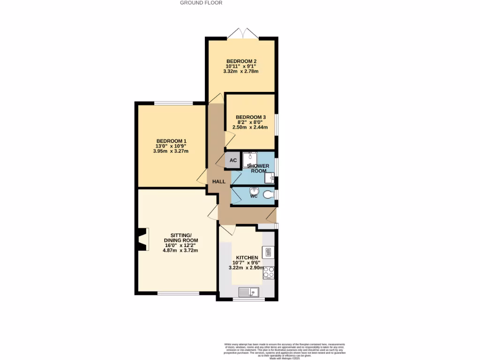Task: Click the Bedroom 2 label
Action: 241,61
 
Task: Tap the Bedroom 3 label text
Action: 251,117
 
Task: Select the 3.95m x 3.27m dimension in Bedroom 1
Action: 171,151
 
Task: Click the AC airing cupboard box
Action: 233,160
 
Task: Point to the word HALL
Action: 219,181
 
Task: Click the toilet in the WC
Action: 269,195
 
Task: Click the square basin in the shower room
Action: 269,178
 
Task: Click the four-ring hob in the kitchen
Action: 269,272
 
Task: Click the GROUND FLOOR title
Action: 201,3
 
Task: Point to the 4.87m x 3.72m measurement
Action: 180,250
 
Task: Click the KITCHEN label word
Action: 247,258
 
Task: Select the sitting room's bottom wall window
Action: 178,293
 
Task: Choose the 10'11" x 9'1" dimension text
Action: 241,67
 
